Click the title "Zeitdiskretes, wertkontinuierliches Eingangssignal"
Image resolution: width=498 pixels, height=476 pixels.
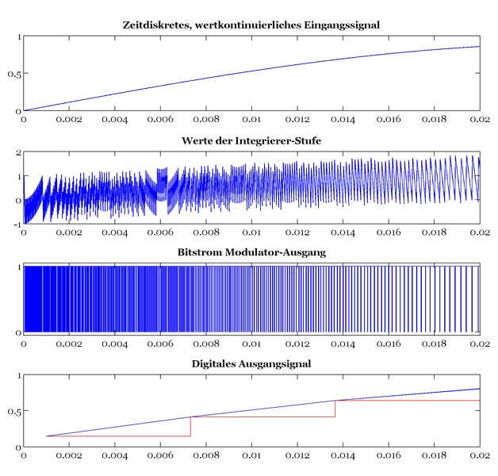(251, 25)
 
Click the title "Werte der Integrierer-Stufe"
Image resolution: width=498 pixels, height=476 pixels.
(251, 141)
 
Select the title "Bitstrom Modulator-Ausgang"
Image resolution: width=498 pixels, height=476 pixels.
(251, 252)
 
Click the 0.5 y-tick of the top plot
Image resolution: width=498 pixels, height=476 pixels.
(13, 74)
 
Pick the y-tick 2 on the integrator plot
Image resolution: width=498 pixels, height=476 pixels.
(17, 152)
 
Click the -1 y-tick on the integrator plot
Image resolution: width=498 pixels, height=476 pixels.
(14, 225)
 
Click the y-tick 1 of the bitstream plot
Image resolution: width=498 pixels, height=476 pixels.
(17, 267)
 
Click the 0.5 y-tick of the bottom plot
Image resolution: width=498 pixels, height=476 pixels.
(13, 411)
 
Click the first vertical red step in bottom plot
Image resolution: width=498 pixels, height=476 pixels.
(191, 426)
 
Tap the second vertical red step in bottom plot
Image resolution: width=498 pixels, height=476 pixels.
(335, 409)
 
